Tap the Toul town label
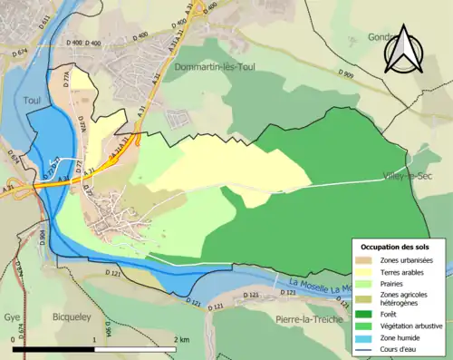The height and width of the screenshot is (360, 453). (34, 101)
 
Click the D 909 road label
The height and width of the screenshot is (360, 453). (348, 73)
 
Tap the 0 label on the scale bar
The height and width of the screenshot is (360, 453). (14, 339)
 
